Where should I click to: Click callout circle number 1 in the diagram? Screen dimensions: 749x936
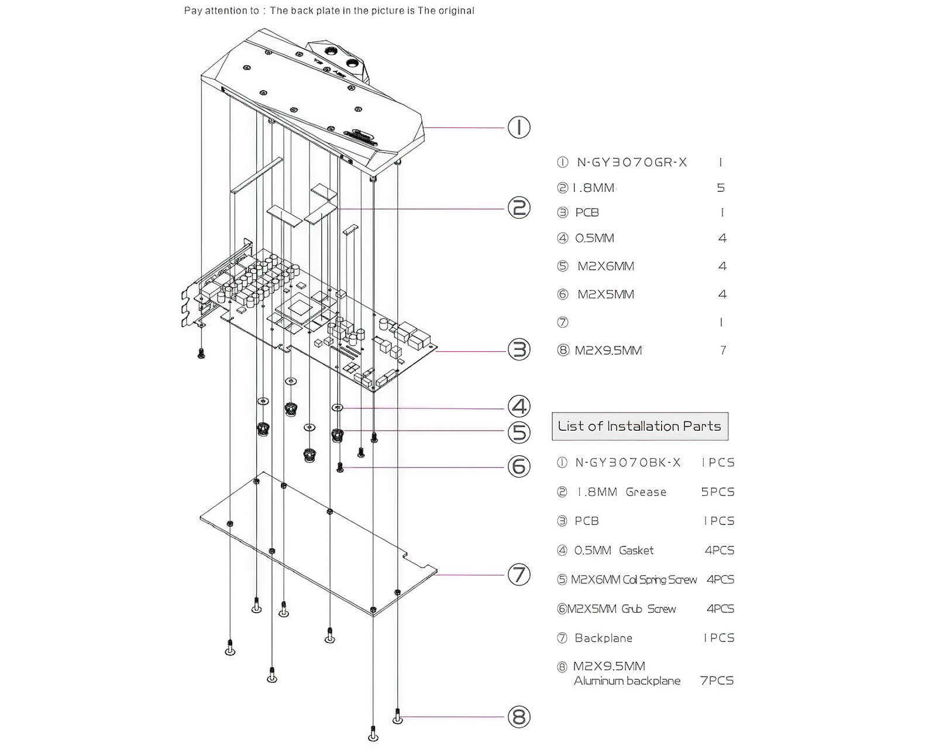click(x=518, y=128)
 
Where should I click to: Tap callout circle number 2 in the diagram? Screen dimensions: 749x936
click(x=518, y=208)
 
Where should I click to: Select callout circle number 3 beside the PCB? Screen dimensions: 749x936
click(x=518, y=350)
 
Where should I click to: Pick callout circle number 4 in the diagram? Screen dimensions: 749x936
click(x=519, y=407)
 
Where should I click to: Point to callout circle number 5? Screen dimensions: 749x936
click(x=519, y=433)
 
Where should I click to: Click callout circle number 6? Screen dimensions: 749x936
click(x=519, y=466)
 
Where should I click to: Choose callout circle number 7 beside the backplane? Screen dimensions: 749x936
click(x=519, y=575)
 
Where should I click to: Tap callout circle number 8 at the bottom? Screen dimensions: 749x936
click(x=519, y=717)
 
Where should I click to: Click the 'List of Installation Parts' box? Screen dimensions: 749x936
click(x=640, y=426)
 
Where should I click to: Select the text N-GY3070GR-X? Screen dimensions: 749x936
click(x=632, y=163)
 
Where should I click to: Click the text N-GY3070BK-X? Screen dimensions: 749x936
click(x=628, y=463)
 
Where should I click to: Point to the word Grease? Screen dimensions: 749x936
click(x=646, y=492)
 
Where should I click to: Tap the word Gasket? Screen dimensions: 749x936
click(x=636, y=551)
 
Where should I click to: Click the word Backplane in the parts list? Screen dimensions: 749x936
click(x=603, y=638)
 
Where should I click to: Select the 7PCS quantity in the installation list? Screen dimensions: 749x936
click(x=717, y=681)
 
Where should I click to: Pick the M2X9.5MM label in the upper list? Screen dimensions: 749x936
click(x=608, y=351)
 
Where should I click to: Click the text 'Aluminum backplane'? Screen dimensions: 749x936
click(x=627, y=681)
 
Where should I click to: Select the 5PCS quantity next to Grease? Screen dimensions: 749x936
click(x=718, y=492)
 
